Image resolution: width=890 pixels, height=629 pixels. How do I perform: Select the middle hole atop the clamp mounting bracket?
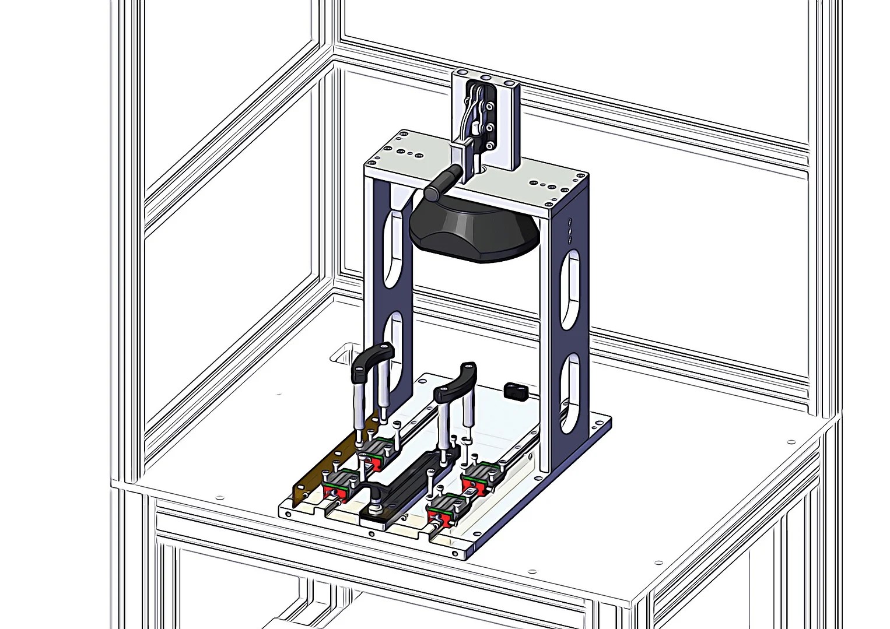(485, 78)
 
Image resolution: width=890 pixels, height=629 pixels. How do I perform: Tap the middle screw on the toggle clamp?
(489, 126)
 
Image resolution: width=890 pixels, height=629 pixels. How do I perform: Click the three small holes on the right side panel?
(570, 231)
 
